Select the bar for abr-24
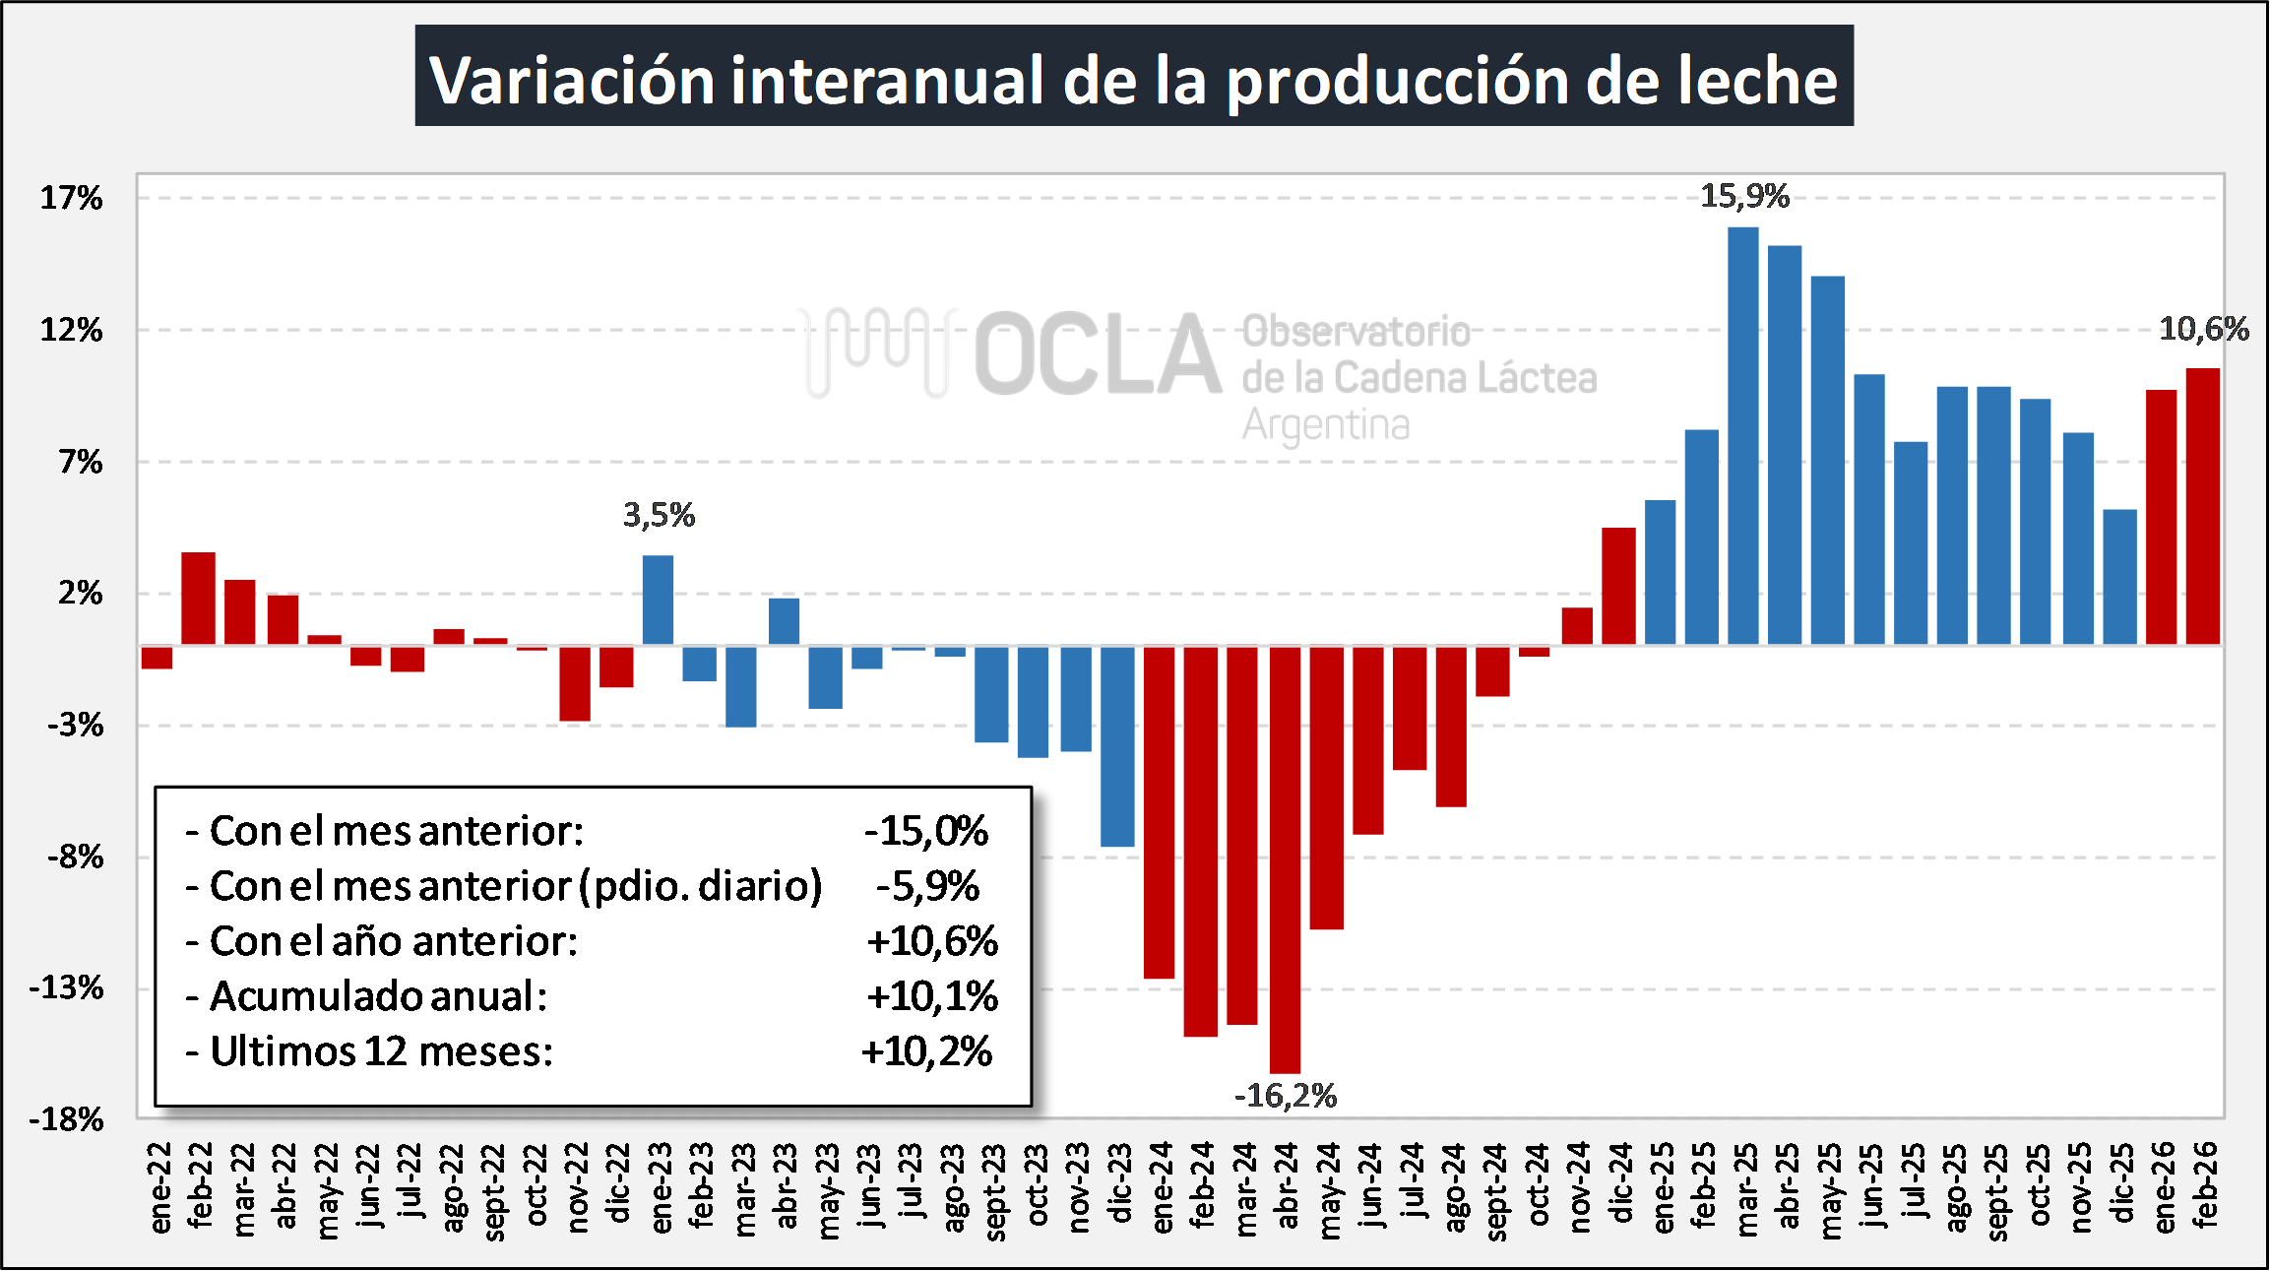[1285, 859]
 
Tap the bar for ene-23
[659, 600]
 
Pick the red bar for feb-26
[2203, 506]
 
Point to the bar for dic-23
[1117, 745]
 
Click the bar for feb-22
[198, 599]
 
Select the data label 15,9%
[1744, 196]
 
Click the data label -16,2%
[1286, 1096]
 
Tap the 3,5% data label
[659, 515]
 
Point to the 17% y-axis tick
[71, 198]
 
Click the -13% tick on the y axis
[66, 987]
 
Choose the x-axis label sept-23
[994, 1191]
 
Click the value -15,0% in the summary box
[926, 831]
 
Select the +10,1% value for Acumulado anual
[932, 996]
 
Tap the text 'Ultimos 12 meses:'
[382, 1051]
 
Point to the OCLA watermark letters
[1098, 354]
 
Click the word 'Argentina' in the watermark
[1326, 425]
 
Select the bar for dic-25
[2119, 577]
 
